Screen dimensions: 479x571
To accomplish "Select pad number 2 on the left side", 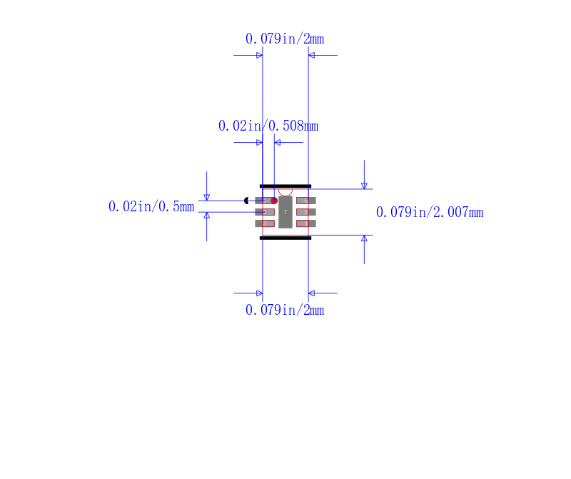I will click(264, 212).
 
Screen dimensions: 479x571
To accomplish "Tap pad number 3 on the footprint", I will click(264, 223).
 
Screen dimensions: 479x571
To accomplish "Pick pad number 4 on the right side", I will click(306, 223).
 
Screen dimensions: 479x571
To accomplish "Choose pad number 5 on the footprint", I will click(306, 212).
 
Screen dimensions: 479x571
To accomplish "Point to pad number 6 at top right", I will click(306, 201).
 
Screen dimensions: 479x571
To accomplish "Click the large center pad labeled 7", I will click(285, 212).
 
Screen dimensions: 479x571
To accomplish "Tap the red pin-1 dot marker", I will click(274, 201).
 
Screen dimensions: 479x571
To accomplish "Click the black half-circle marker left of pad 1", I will click(246, 201).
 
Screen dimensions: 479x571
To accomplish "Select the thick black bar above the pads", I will click(285, 186).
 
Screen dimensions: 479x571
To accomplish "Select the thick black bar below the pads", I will click(285, 238).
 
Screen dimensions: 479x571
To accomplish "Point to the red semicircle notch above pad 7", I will click(285, 192).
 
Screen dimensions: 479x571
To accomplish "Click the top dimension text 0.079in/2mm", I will click(285, 39).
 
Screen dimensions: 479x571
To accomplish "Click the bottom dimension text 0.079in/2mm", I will click(285, 311).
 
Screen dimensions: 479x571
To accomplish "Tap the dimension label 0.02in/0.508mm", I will click(268, 126).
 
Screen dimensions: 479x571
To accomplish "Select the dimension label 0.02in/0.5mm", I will click(151, 207).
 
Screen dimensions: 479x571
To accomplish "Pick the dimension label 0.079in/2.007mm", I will click(430, 212).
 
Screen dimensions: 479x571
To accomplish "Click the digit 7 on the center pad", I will click(285, 212).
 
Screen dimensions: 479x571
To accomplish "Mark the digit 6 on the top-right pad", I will click(306, 201).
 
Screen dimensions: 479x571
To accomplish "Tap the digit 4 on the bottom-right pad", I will click(306, 223).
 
